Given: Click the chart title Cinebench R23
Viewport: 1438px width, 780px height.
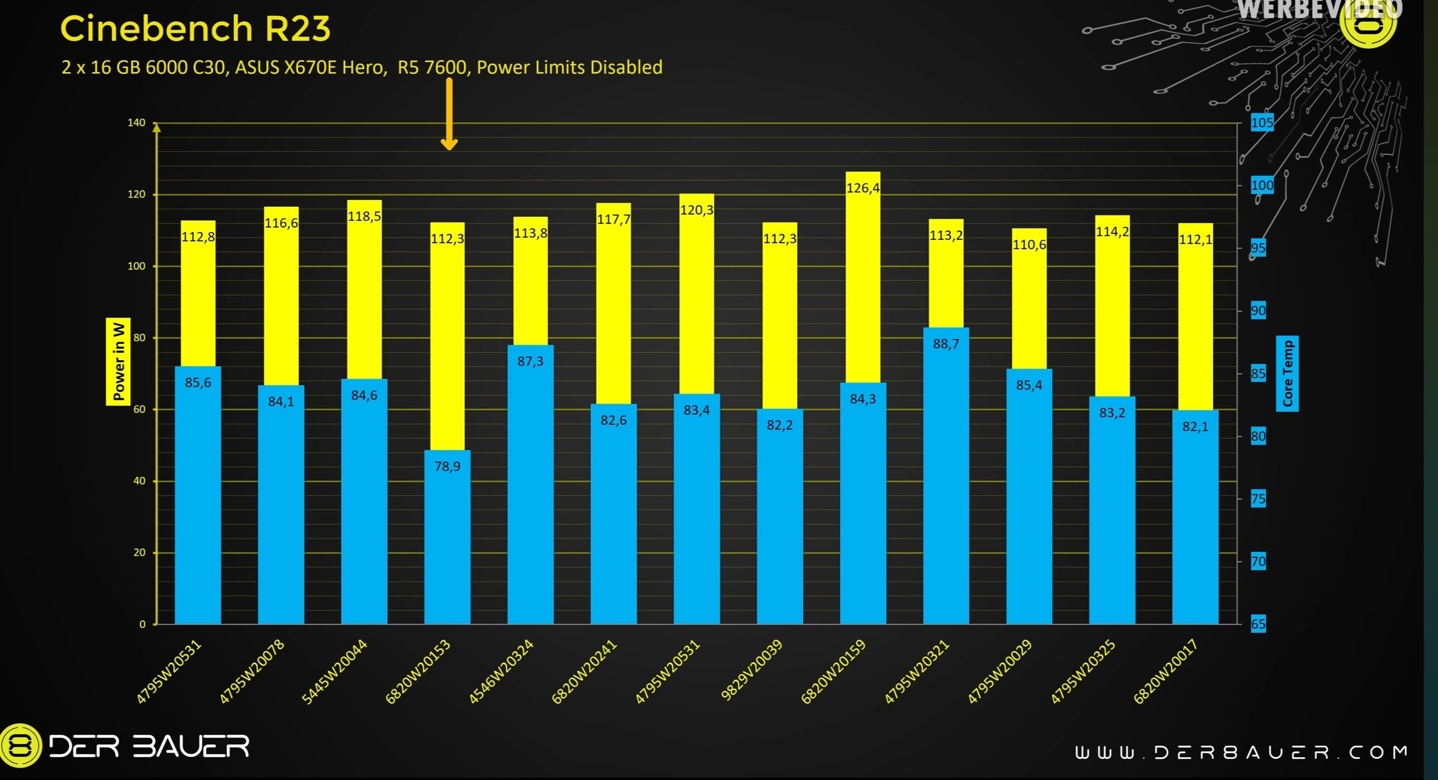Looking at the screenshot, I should pyautogui.click(x=195, y=29).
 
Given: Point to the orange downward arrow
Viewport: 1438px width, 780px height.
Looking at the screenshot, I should pyautogui.click(x=449, y=115).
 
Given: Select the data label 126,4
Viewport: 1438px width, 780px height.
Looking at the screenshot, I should pyautogui.click(x=862, y=188).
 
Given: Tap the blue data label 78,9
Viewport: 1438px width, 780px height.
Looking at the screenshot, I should pyautogui.click(x=447, y=466).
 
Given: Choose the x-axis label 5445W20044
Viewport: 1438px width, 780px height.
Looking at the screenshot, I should pyautogui.click(x=334, y=672).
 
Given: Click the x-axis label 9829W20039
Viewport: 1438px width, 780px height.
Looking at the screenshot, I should pyautogui.click(x=751, y=670).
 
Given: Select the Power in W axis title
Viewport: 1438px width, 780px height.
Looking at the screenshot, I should pyautogui.click(x=119, y=361).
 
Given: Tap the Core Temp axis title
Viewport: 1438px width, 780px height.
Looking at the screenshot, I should pyautogui.click(x=1288, y=374).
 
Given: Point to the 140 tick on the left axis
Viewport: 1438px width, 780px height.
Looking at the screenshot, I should pyautogui.click(x=136, y=122).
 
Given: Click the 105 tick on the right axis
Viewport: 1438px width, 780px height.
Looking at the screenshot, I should pyautogui.click(x=1262, y=122).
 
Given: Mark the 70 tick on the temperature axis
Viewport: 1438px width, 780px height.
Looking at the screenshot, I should pyautogui.click(x=1258, y=561).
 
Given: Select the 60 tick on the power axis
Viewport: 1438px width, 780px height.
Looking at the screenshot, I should pyautogui.click(x=139, y=409).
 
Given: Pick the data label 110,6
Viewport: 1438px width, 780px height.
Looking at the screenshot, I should pyautogui.click(x=1029, y=245).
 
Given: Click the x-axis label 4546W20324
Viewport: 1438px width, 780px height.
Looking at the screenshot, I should pyautogui.click(x=501, y=672).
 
